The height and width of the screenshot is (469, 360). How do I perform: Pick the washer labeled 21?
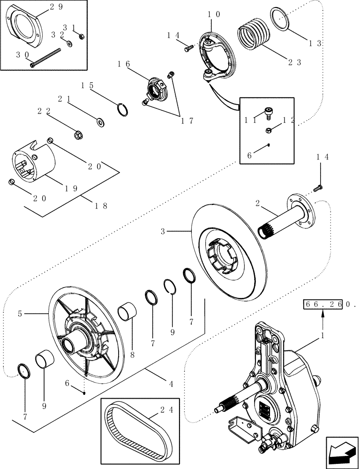coord(100,122)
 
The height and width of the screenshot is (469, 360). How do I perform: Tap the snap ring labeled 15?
coord(123,109)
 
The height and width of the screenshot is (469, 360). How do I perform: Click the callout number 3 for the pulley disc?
coord(163,231)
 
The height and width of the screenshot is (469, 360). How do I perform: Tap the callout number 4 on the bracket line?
coord(171,384)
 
